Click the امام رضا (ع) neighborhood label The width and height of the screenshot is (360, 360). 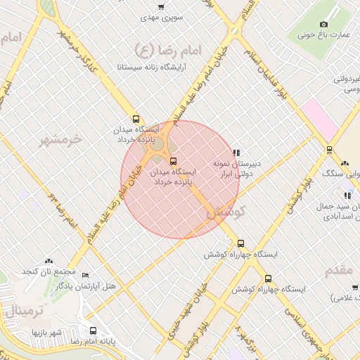point(167,49)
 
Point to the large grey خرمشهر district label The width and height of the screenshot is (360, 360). point(61,139)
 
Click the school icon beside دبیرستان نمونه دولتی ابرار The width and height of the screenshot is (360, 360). point(236,153)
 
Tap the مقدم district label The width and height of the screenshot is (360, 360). point(343,270)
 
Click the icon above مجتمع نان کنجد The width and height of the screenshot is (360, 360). point(49,262)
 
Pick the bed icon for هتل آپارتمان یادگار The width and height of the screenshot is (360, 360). point(86,276)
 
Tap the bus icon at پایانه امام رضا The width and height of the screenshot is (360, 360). point(93,330)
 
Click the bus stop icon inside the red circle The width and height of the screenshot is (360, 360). point(174,161)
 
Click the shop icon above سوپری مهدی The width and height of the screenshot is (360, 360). point(161,6)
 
